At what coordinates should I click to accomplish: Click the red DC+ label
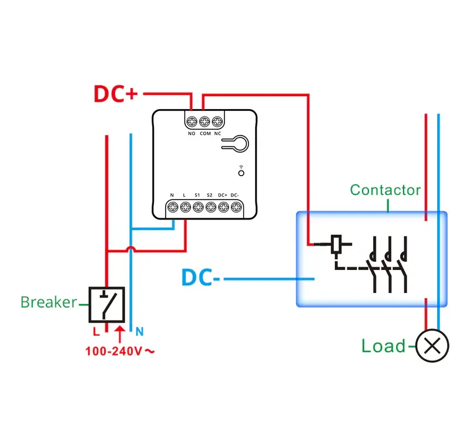(x=116, y=94)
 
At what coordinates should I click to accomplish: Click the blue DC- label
(x=201, y=277)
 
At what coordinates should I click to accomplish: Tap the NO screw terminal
(x=192, y=122)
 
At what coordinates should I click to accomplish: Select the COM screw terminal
(x=204, y=122)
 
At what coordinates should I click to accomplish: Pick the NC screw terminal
(x=217, y=122)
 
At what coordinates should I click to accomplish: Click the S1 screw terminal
(x=198, y=207)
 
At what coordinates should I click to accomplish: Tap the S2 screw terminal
(x=211, y=207)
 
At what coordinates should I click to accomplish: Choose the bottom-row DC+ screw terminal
(x=224, y=207)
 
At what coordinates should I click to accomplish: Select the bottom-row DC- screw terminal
(x=236, y=207)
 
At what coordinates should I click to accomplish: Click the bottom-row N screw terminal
(x=173, y=207)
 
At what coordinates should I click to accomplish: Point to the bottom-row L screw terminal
(x=186, y=207)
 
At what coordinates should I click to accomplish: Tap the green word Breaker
(x=49, y=302)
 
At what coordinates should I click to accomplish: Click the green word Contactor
(x=385, y=190)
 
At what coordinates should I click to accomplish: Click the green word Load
(x=384, y=346)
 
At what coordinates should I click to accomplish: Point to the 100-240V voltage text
(x=120, y=351)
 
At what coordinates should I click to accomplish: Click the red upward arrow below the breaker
(x=120, y=334)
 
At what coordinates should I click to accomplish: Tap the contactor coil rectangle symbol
(x=336, y=244)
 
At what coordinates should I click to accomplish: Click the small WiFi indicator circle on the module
(x=241, y=173)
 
